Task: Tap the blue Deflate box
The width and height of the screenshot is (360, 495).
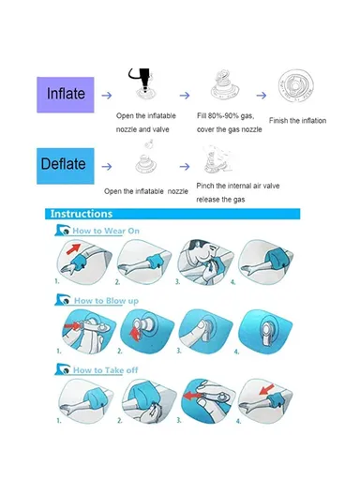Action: point(63,165)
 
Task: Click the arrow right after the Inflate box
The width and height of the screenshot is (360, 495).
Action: point(106,95)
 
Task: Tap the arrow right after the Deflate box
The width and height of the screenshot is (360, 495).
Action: point(106,166)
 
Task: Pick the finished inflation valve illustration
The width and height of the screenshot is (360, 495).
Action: point(300,91)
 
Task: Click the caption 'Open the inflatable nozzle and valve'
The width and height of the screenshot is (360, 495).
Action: point(144,122)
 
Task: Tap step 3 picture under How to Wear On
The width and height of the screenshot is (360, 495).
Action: point(203,260)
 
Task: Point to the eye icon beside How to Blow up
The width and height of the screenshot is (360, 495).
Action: point(62,300)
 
